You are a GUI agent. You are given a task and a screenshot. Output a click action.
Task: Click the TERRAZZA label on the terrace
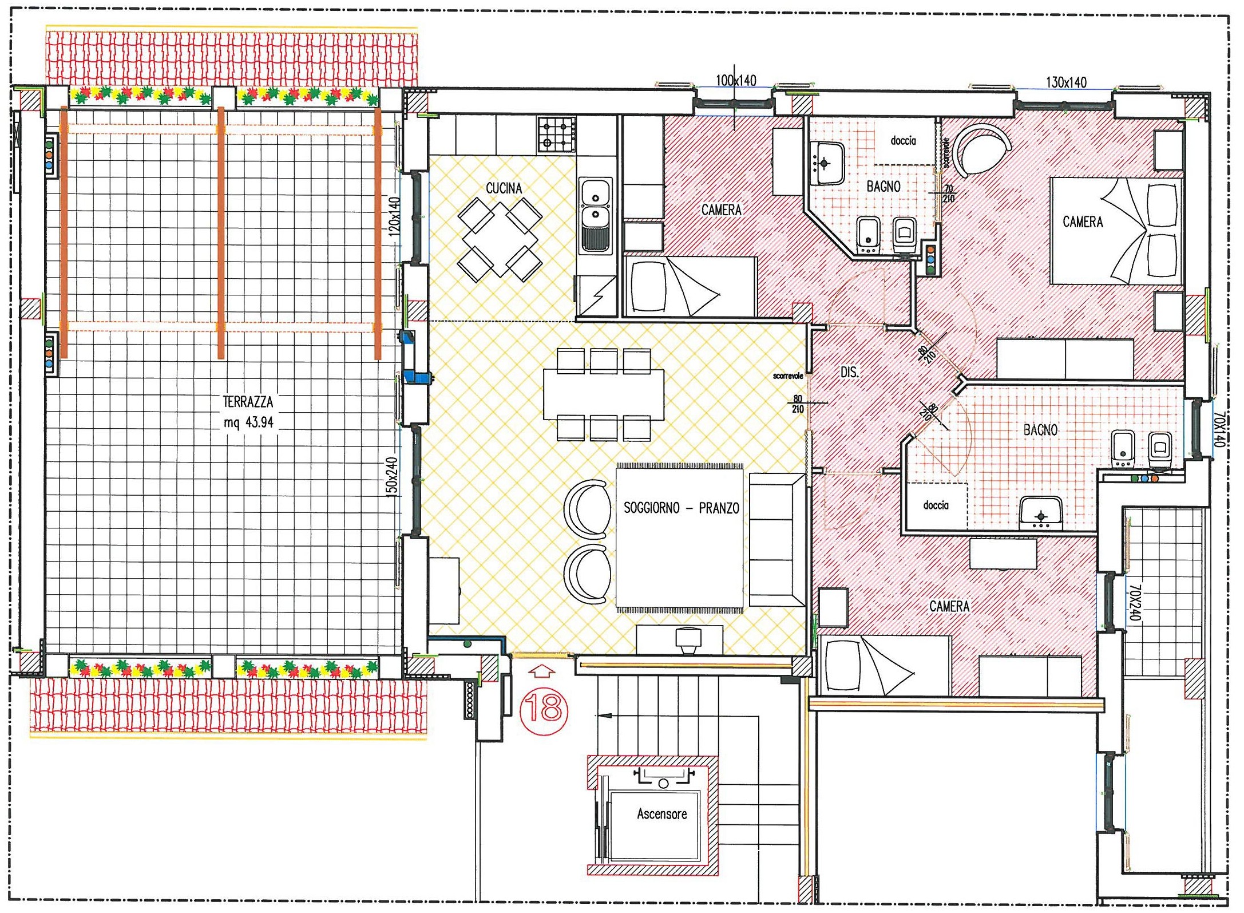pyautogui.click(x=248, y=402)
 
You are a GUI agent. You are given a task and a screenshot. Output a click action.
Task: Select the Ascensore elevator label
pyautogui.click(x=661, y=813)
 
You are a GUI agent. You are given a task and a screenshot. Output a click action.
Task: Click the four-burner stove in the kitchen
pyautogui.click(x=556, y=134)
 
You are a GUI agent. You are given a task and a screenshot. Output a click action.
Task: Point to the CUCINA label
pyautogui.click(x=504, y=188)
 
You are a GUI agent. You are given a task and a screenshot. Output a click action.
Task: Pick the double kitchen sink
pyautogui.click(x=596, y=215)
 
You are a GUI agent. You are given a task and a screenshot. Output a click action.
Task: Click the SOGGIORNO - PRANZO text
pyautogui.click(x=681, y=508)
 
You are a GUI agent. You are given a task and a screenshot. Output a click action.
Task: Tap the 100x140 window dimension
pyautogui.click(x=736, y=80)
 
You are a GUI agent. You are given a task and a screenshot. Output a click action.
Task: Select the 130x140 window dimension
pyautogui.click(x=1066, y=82)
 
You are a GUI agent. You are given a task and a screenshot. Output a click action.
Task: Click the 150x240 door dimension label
pyautogui.click(x=391, y=477)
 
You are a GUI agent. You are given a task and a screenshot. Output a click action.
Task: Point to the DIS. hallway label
pyautogui.click(x=850, y=373)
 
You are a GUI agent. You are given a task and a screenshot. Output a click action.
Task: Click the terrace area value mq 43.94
pyautogui.click(x=248, y=423)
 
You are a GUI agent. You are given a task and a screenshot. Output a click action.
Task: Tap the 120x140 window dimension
pyautogui.click(x=394, y=216)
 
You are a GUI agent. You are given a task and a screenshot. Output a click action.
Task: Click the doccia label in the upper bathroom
pyautogui.click(x=903, y=140)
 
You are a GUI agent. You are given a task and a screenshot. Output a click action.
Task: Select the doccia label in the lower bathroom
pyautogui.click(x=936, y=505)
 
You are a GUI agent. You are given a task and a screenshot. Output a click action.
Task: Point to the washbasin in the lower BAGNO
pyautogui.click(x=1041, y=510)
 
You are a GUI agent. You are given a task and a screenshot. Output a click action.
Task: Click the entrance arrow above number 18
pyautogui.click(x=542, y=672)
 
